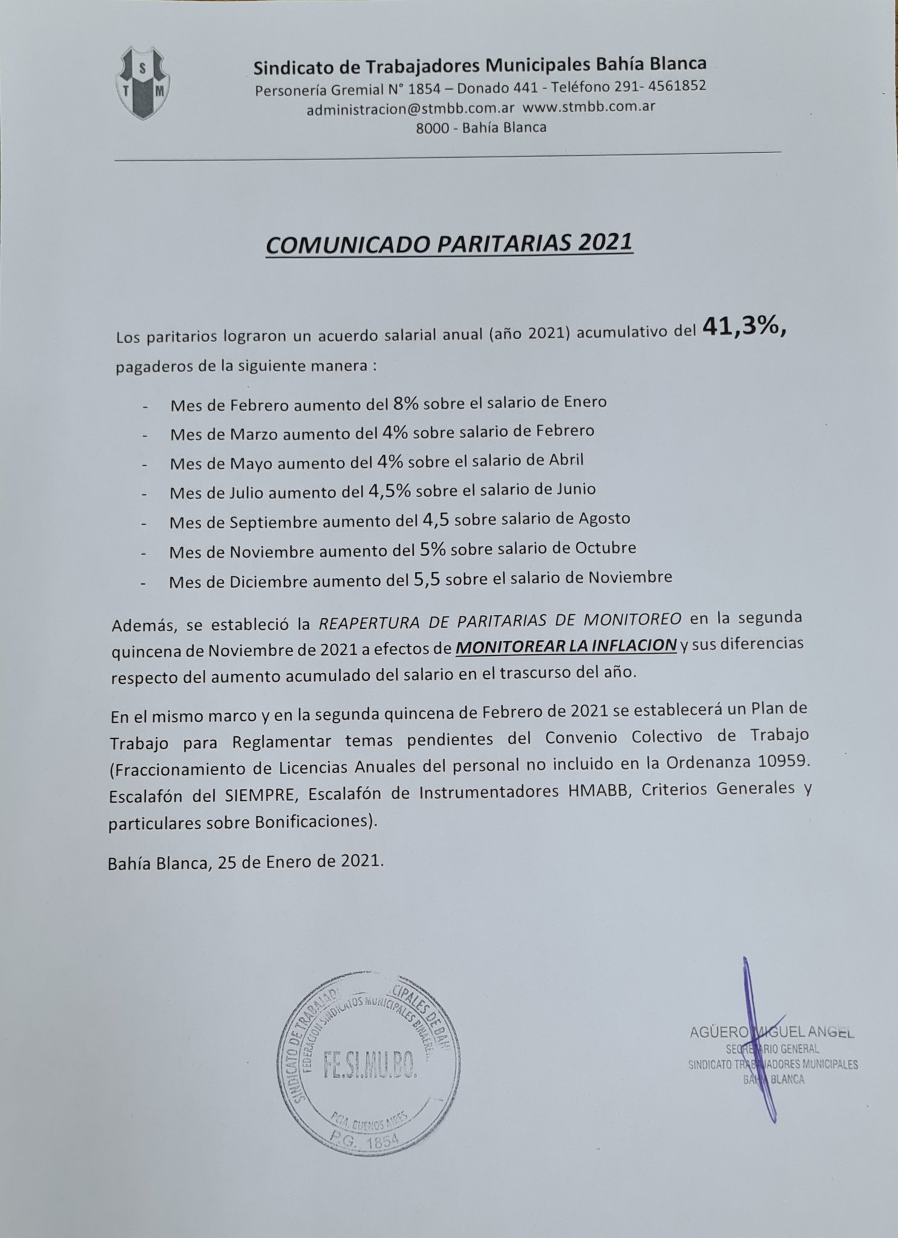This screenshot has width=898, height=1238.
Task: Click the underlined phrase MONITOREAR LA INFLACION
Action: coord(566,646)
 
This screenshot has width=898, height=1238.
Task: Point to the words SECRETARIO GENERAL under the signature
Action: coord(772,1049)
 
